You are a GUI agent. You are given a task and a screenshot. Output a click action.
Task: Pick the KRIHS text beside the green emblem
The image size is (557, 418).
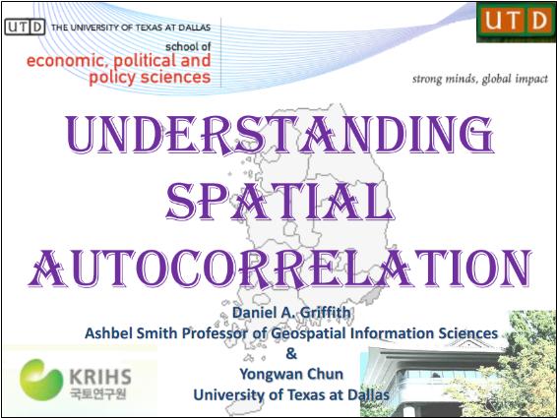[x=96, y=375]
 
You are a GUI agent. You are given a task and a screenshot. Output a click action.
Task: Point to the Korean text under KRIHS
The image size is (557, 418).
[x=96, y=394]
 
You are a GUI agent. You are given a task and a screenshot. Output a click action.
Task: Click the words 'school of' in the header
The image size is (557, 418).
[x=188, y=45]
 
